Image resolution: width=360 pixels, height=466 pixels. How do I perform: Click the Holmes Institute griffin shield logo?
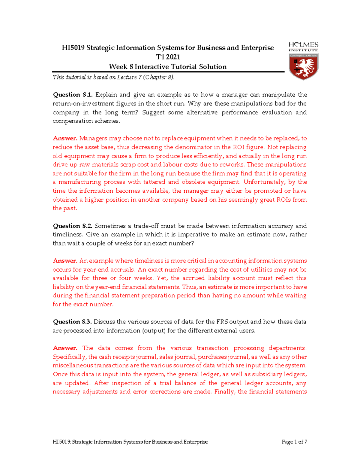[x=303, y=66]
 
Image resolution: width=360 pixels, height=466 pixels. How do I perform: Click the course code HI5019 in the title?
[x=73, y=48]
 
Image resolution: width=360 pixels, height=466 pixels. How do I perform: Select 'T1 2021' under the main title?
[x=168, y=57]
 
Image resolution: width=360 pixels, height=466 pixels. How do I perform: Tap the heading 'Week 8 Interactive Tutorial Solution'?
[x=168, y=67]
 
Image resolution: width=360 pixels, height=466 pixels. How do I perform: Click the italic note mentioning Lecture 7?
[x=113, y=77]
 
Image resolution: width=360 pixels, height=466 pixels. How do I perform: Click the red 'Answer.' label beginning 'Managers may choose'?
[x=65, y=138]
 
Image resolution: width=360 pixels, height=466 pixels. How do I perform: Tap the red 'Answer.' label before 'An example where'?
[x=65, y=261]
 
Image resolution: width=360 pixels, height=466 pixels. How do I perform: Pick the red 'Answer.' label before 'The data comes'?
[x=65, y=348]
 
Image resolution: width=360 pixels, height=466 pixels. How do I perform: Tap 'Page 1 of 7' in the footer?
[x=294, y=442]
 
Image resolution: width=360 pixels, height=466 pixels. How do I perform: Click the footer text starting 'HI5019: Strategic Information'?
[x=130, y=442]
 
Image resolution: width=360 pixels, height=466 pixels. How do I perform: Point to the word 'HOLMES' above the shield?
[x=303, y=45]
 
